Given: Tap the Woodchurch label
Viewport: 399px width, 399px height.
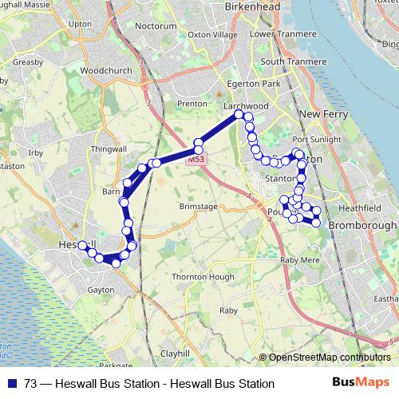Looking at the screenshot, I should [105, 70].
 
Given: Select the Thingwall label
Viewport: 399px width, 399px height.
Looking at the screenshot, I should [109, 149].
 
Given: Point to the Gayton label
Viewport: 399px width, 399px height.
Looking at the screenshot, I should [101, 290].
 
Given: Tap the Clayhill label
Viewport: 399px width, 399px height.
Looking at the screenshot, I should [175, 353].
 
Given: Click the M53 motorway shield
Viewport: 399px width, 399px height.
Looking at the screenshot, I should [196, 160].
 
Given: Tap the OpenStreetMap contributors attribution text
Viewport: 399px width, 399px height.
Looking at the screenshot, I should [329, 358].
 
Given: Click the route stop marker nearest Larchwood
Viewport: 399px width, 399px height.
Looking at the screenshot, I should [239, 115].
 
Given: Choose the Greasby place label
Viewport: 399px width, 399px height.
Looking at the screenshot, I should [28, 61].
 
